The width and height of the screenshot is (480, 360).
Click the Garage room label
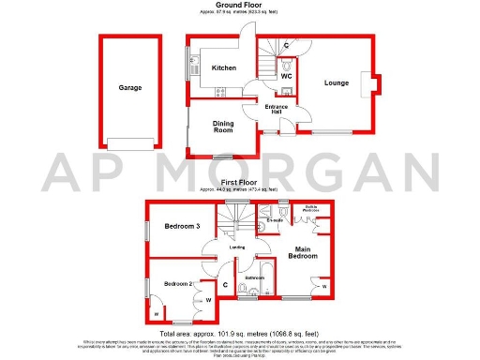click(x=129, y=87)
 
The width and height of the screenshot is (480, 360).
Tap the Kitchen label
click(x=223, y=68)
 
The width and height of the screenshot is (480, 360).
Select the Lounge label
click(x=337, y=82)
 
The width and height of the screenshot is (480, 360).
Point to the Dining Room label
click(x=223, y=127)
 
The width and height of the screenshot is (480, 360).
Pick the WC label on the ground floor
click(x=287, y=76)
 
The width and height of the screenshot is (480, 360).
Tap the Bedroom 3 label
click(x=183, y=227)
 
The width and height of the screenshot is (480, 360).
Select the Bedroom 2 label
click(x=178, y=283)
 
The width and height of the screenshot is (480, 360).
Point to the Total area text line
click(x=240, y=333)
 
